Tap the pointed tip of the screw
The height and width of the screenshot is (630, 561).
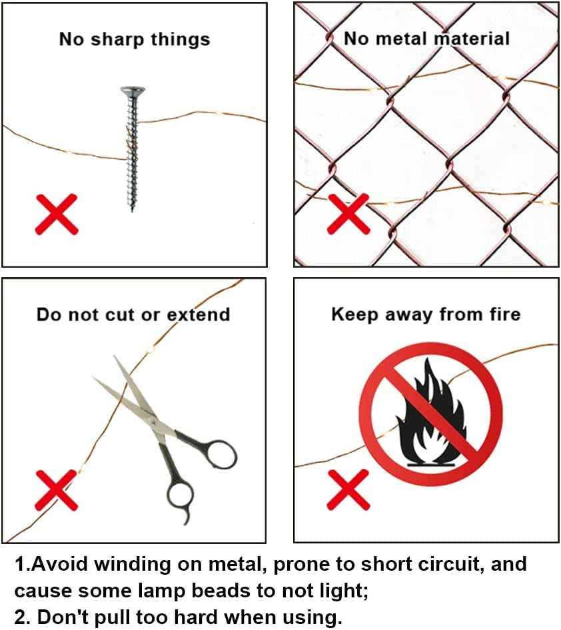[132, 211]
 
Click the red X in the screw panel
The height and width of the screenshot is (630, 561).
[56, 214]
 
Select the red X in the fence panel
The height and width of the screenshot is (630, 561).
[348, 214]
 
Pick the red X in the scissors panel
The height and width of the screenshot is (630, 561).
[56, 489]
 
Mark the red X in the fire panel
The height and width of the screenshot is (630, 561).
[348, 489]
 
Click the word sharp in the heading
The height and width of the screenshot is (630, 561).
[117, 40]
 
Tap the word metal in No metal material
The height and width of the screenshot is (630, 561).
[402, 39]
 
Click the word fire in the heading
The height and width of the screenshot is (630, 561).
[505, 314]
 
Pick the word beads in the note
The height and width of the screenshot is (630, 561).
[226, 590]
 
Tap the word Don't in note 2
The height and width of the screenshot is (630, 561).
[63, 617]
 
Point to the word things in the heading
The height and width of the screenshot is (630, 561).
[181, 40]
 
